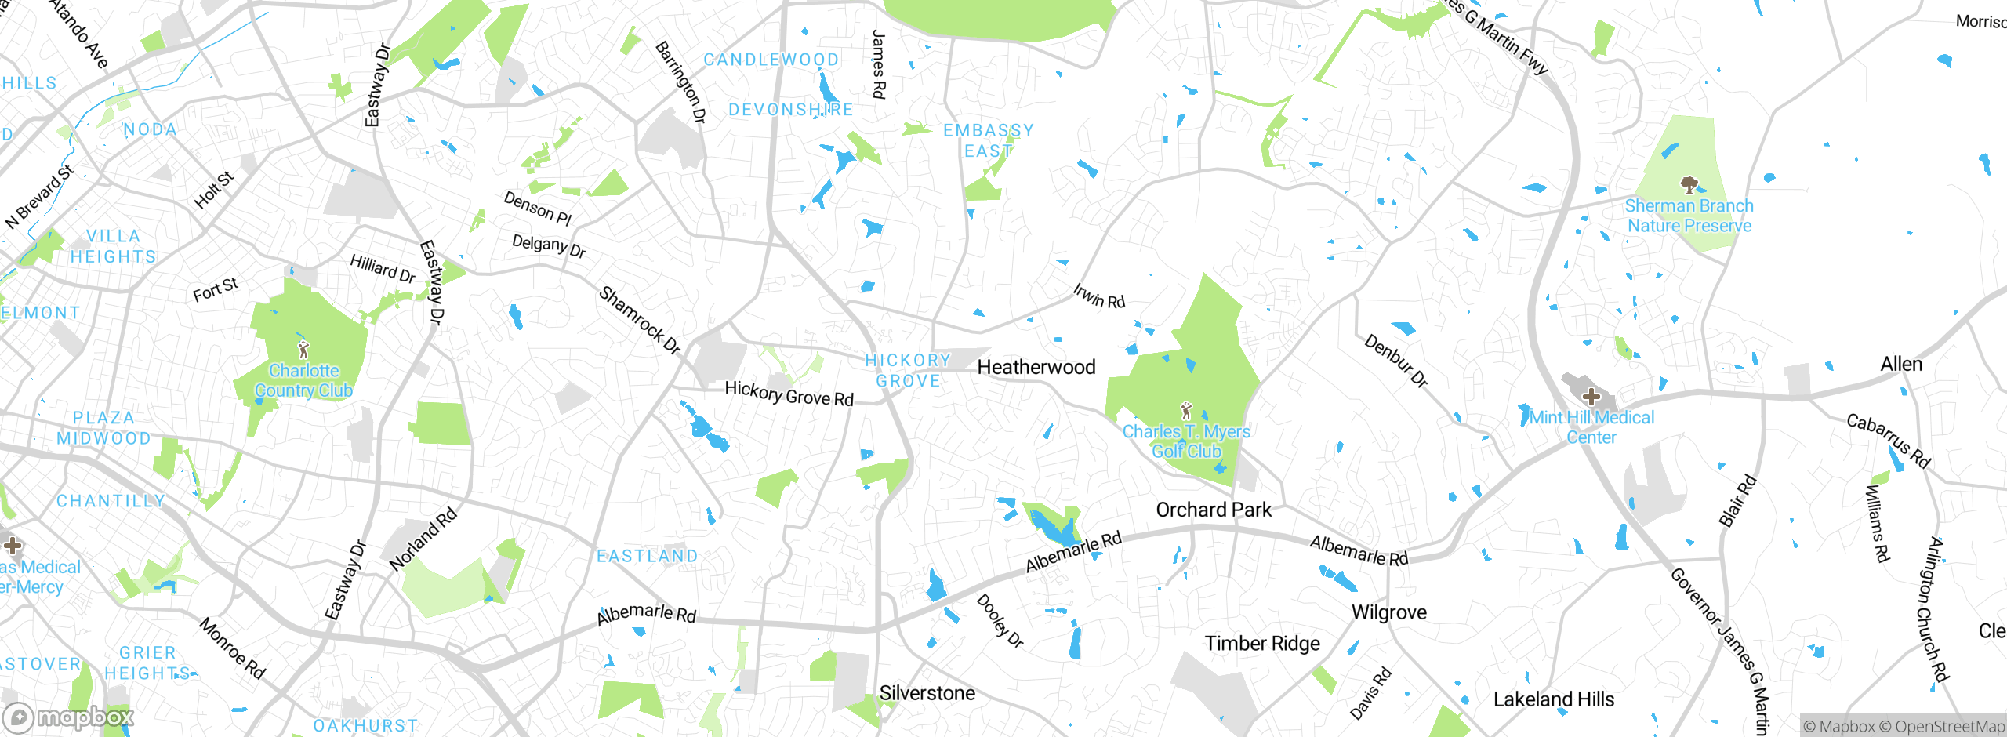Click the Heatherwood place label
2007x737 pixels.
pos(1036,367)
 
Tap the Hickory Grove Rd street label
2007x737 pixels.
pos(789,393)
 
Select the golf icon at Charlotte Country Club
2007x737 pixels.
pos(303,349)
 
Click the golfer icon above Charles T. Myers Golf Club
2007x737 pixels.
pos(1186,410)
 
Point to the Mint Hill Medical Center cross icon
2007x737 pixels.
pos(1591,396)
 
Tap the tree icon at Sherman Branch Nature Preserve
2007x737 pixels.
pos(1689,185)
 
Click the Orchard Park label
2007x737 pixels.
pos(1214,510)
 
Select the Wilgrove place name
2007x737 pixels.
pos(1388,612)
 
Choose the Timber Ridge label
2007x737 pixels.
pos(1261,644)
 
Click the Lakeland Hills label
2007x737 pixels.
pos(1553,699)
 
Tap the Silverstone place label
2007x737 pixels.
pos(927,693)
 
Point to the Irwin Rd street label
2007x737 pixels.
pos(1098,296)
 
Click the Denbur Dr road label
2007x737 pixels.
pos(1396,361)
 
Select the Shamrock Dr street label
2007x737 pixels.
pos(640,320)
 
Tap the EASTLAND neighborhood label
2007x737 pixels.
pos(647,556)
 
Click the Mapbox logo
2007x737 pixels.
pos(69,717)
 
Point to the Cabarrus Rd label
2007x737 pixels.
pos(1888,441)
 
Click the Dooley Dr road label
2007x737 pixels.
pos(1000,620)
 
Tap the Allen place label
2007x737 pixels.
pos(1900,364)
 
